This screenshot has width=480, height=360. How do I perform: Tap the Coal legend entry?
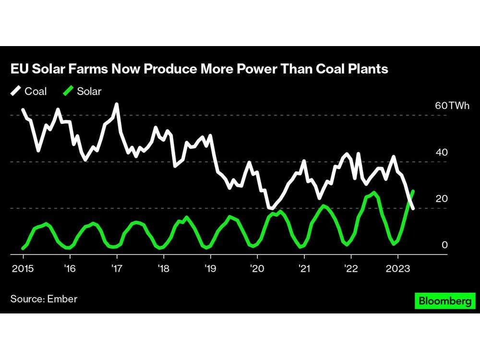point(29,91)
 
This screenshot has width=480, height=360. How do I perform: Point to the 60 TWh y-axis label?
point(452,106)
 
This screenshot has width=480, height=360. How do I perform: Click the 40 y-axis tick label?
point(441,153)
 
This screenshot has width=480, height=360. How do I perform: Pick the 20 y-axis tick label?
point(441,199)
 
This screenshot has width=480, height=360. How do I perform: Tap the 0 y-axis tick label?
point(444,245)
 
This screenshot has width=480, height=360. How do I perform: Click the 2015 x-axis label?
point(23,268)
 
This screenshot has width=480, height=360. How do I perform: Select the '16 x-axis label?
point(69,268)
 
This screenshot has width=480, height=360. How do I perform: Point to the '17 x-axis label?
point(116,268)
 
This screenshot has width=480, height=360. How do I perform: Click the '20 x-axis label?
point(256,268)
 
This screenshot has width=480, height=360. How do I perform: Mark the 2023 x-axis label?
point(397,268)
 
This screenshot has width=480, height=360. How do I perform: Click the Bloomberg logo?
point(444,301)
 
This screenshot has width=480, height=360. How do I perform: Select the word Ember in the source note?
point(62,299)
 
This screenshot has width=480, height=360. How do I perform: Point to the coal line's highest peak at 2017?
point(116,104)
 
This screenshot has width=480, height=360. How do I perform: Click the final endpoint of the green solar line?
point(414,191)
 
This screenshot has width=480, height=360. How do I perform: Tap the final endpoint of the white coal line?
point(413,207)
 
